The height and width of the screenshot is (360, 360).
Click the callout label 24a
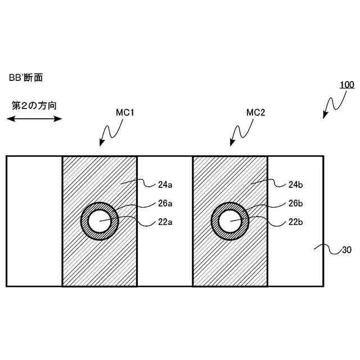point(164,183)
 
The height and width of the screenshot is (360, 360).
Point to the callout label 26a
point(164,203)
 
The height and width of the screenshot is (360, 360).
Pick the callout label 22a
point(164,222)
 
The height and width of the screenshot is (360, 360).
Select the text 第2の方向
point(34,105)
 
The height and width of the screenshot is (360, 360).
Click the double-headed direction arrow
point(34,119)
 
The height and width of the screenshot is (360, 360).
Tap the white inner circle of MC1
point(100,220)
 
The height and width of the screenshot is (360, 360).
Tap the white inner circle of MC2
point(230,220)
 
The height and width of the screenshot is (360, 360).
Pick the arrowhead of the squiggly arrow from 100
point(325,116)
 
